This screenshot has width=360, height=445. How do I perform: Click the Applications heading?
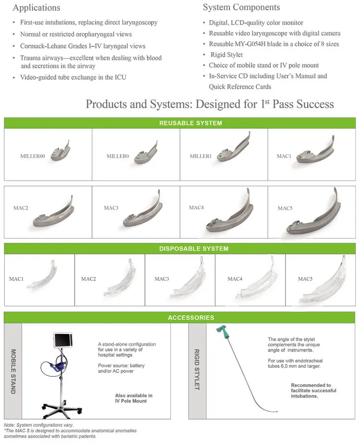coord(36,8)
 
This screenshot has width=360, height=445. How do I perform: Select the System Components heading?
coord(241,7)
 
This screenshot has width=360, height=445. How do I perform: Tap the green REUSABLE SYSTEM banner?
coord(191,123)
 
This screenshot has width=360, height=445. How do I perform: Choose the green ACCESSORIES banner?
coord(191,317)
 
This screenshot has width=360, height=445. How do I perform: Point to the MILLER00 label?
coord(32,156)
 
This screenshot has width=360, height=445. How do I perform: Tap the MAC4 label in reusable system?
coord(196,207)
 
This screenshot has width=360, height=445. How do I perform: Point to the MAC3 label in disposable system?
coord(162,279)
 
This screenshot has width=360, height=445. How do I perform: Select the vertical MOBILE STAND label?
coord(13,371)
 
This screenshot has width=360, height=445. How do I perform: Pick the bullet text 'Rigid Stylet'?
coord(227,55)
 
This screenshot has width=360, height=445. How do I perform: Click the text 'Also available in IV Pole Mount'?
coord(133,398)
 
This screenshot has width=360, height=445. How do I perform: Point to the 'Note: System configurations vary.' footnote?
coord(38,425)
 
